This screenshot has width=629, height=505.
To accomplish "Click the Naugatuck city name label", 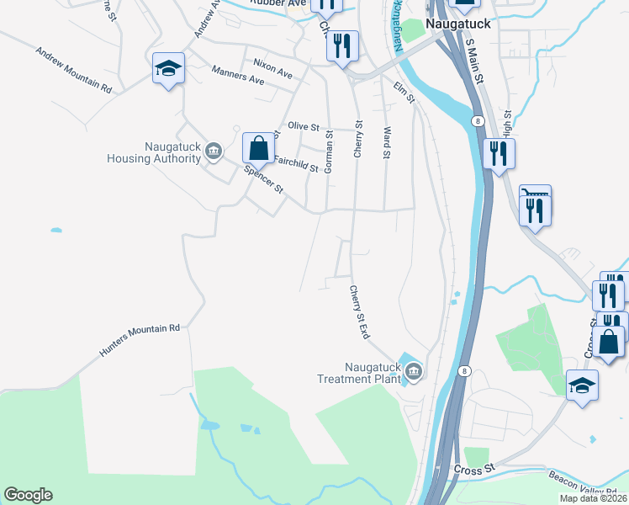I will (x=457, y=24).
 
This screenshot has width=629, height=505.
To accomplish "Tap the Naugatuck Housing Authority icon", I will (x=214, y=151).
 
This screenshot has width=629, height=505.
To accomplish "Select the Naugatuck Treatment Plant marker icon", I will (x=413, y=370).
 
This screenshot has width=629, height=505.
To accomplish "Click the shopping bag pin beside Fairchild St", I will (x=259, y=148).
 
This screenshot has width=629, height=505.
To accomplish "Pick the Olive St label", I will (x=304, y=126).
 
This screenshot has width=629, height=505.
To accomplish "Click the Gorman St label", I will (x=330, y=152).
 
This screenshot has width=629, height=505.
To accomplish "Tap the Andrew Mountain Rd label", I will (x=73, y=70).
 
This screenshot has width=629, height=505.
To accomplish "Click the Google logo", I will (x=28, y=495).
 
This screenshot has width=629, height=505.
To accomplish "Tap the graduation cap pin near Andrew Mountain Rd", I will (x=168, y=69).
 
